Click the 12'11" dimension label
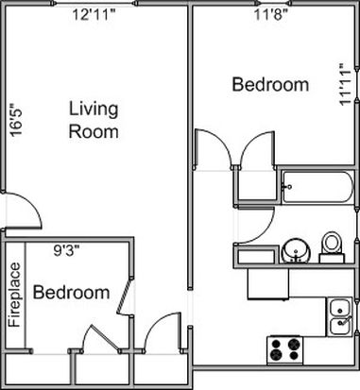(x=94, y=15)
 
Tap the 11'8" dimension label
(x=271, y=15)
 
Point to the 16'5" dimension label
(x=16, y=120)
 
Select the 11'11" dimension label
(x=345, y=85)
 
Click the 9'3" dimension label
(x=66, y=251)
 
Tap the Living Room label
(x=94, y=120)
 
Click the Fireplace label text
(x=14, y=295)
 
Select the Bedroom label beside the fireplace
(x=72, y=292)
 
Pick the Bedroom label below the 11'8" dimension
(x=270, y=85)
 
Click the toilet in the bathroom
(x=332, y=247)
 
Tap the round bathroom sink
(x=296, y=251)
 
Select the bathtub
(x=317, y=187)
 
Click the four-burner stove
(x=285, y=350)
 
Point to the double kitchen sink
(x=339, y=317)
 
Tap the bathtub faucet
(x=288, y=187)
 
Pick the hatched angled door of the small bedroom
(x=124, y=296)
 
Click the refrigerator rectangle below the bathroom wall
(x=268, y=283)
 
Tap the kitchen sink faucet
(x=344, y=321)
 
